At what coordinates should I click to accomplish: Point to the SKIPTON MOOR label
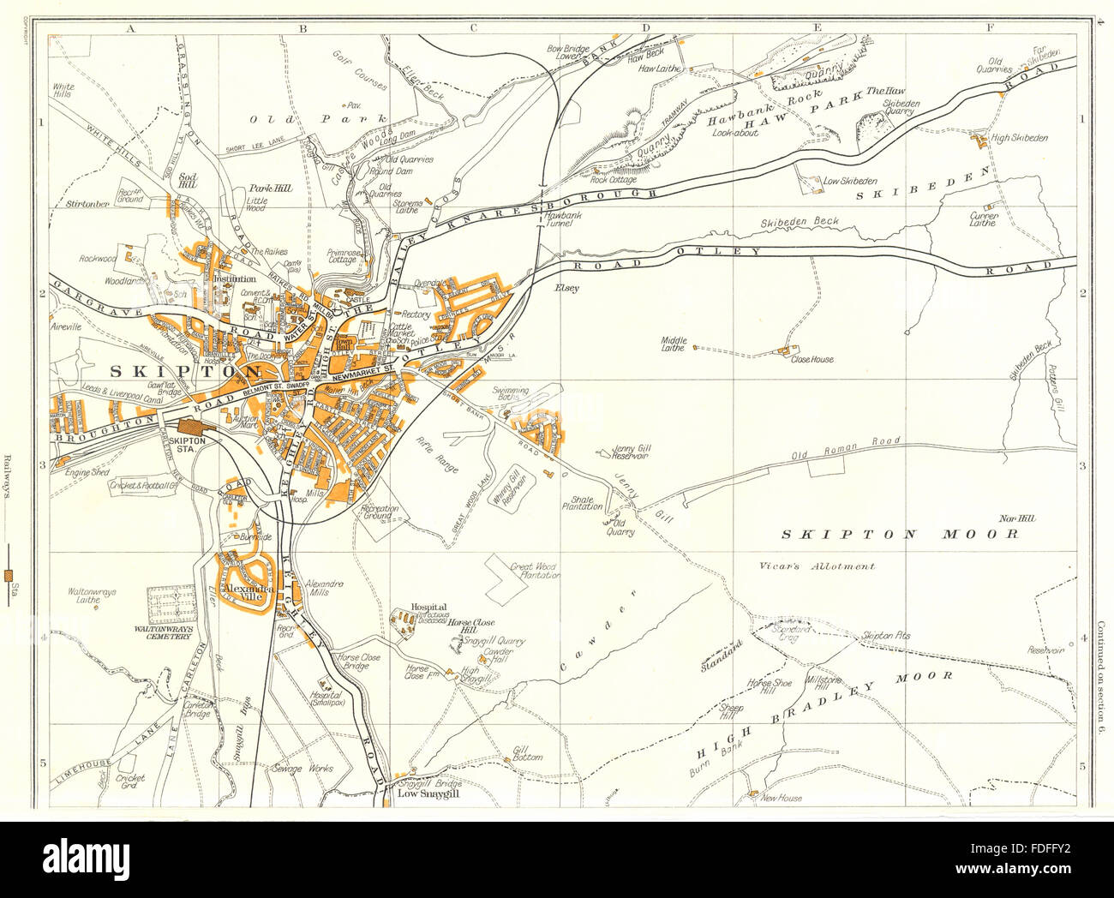(x=900, y=534)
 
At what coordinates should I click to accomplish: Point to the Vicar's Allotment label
(x=817, y=566)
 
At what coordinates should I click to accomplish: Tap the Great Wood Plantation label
(x=535, y=571)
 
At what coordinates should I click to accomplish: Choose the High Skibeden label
(x=1018, y=137)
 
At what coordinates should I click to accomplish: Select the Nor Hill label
(x=1017, y=518)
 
